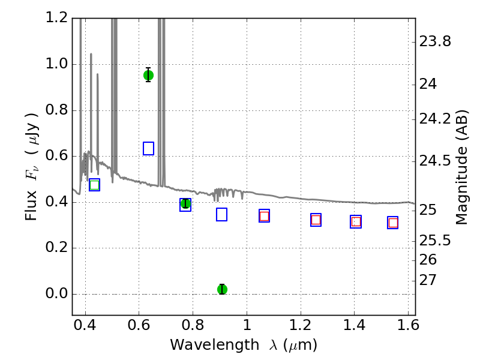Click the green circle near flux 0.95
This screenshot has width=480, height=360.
(x=148, y=76)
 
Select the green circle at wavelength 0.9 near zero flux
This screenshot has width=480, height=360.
(x=222, y=289)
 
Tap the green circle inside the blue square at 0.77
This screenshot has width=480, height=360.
(x=185, y=203)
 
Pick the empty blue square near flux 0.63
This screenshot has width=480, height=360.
(x=148, y=148)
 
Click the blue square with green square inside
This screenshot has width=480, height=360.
(x=95, y=185)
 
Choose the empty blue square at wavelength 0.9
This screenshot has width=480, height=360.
(x=221, y=215)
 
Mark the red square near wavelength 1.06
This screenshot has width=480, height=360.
(x=264, y=216)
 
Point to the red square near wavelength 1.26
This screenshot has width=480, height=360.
(x=316, y=220)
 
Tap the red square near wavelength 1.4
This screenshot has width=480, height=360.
(x=356, y=221)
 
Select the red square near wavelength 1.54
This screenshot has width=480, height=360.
(x=393, y=223)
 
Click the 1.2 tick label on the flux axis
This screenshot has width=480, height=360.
(x=56, y=17)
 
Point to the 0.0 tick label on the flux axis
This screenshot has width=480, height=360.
(x=56, y=293)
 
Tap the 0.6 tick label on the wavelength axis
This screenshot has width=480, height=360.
(x=139, y=325)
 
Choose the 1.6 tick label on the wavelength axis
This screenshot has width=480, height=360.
(x=408, y=325)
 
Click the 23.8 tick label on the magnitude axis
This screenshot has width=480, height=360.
(x=435, y=41)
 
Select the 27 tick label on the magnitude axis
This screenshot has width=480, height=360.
(x=428, y=280)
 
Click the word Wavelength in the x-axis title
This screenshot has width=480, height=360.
(x=215, y=345)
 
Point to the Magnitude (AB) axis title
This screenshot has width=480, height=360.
(x=461, y=167)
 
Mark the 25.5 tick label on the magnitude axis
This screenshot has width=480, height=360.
(x=435, y=241)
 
